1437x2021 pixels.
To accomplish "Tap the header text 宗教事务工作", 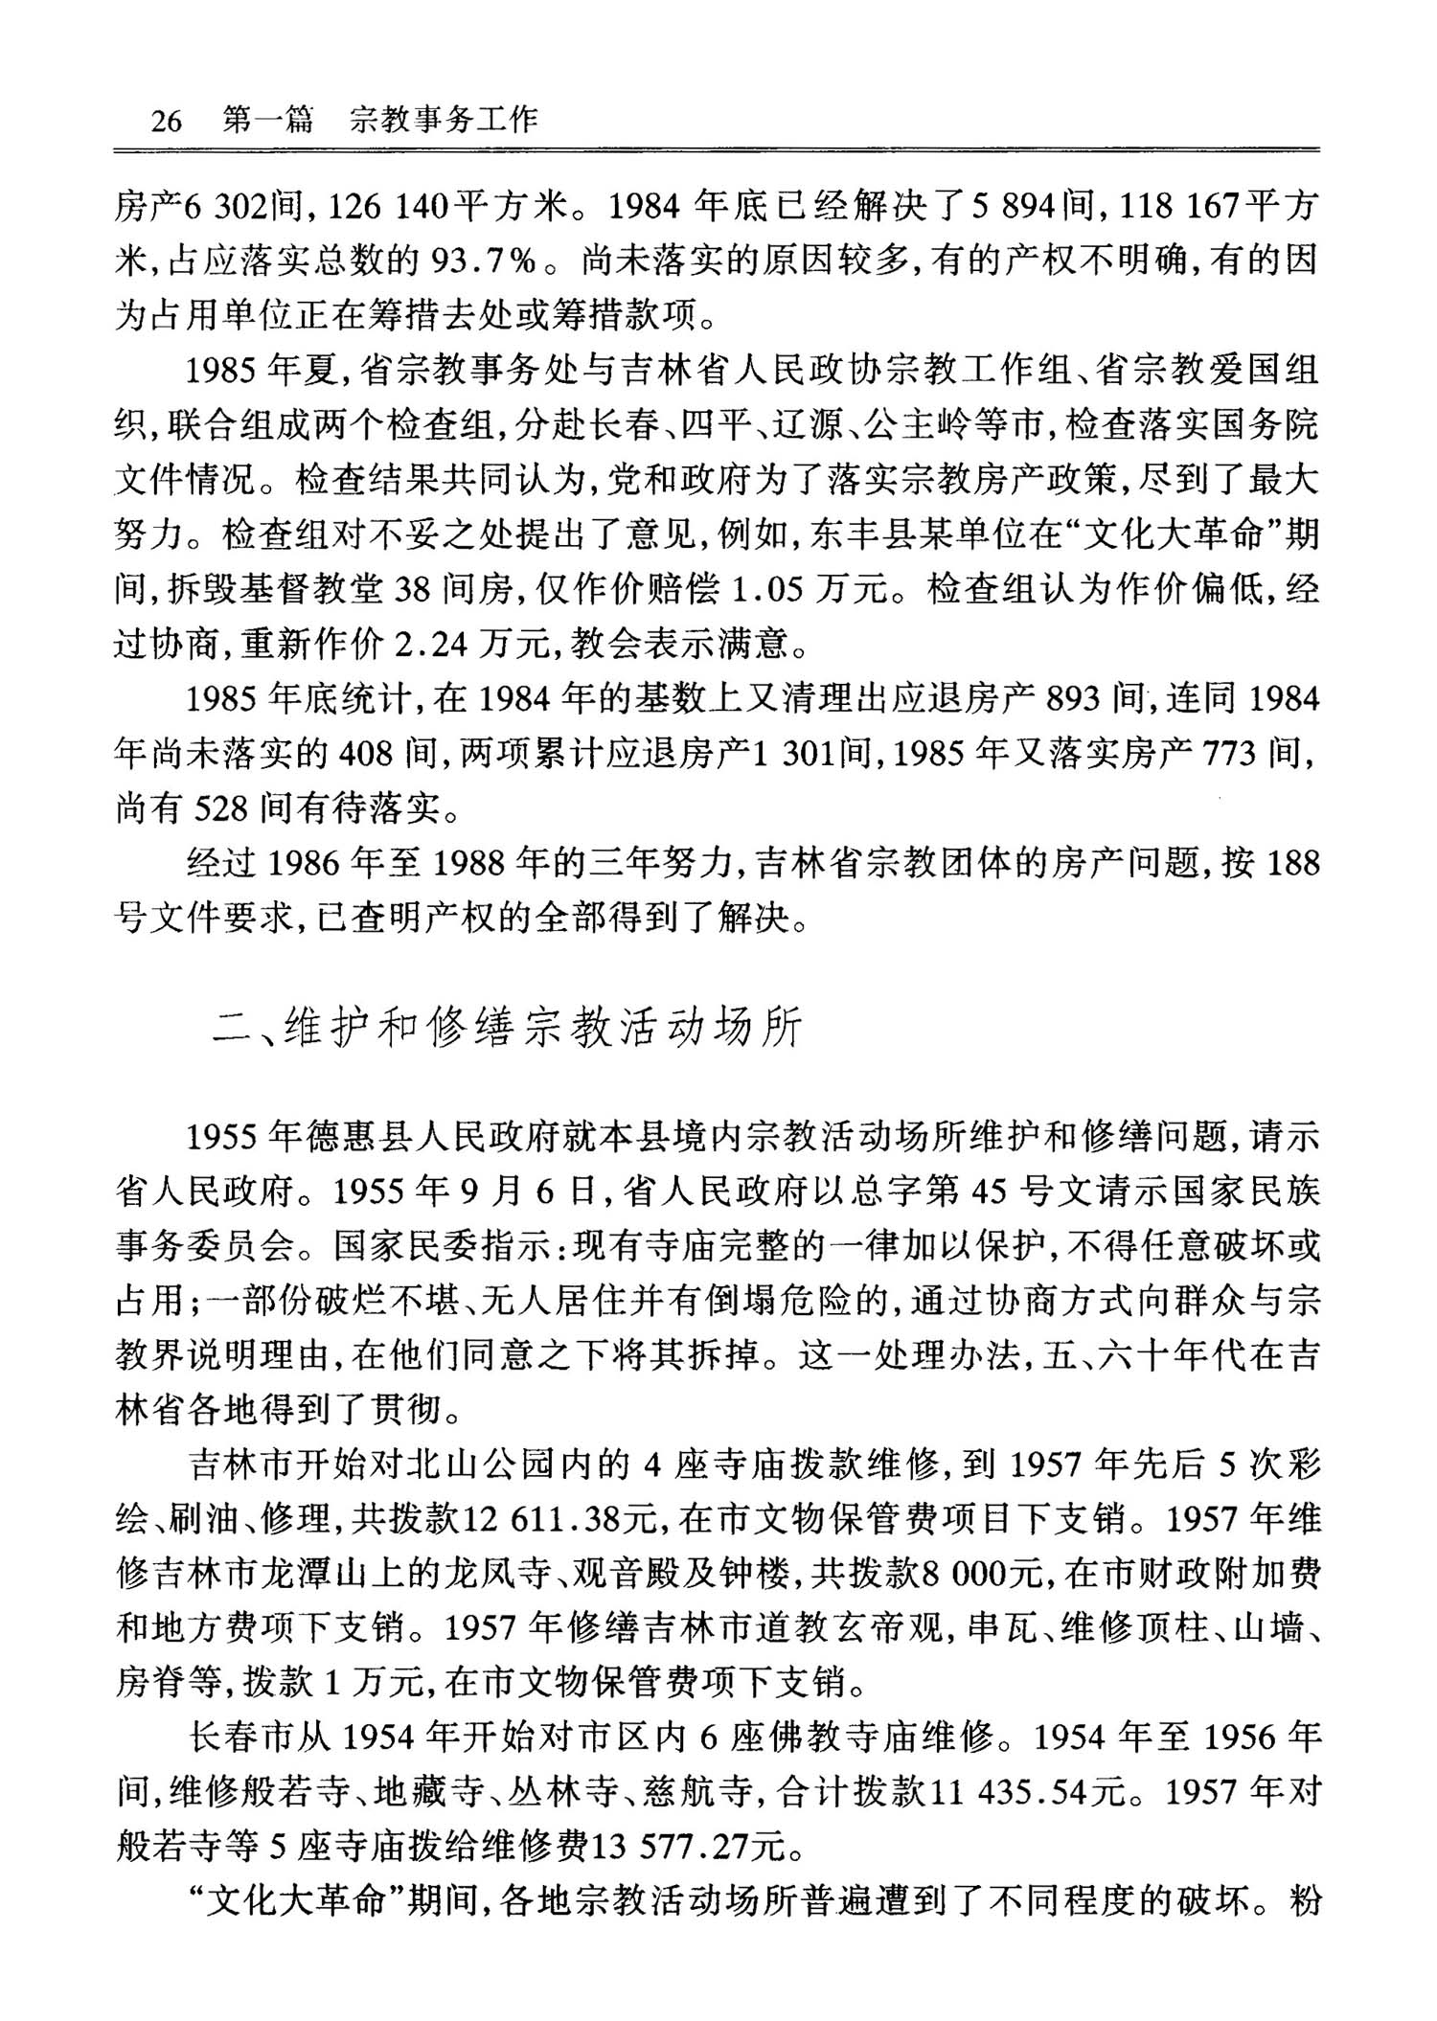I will pyautogui.click(x=444, y=120).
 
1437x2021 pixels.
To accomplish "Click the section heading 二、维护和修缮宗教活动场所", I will pyautogui.click(x=508, y=1028).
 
